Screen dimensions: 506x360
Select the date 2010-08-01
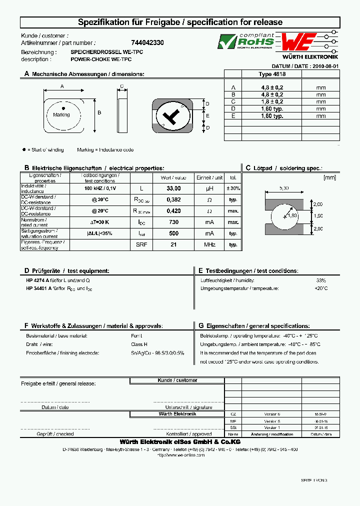(x=325, y=66)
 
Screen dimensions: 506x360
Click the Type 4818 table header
(x=272, y=74)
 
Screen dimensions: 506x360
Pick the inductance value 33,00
(x=173, y=188)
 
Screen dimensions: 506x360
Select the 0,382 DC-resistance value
(x=173, y=199)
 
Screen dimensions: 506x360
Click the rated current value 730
(x=173, y=222)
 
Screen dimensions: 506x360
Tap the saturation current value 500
(x=173, y=233)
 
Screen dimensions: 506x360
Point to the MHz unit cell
(x=209, y=244)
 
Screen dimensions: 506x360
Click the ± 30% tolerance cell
(x=232, y=188)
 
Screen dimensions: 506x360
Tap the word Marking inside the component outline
(x=61, y=114)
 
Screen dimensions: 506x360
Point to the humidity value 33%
(x=320, y=280)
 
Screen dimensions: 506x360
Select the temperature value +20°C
(x=320, y=288)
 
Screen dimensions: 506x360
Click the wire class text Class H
(x=138, y=344)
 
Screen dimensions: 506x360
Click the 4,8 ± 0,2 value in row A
(x=272, y=87)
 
